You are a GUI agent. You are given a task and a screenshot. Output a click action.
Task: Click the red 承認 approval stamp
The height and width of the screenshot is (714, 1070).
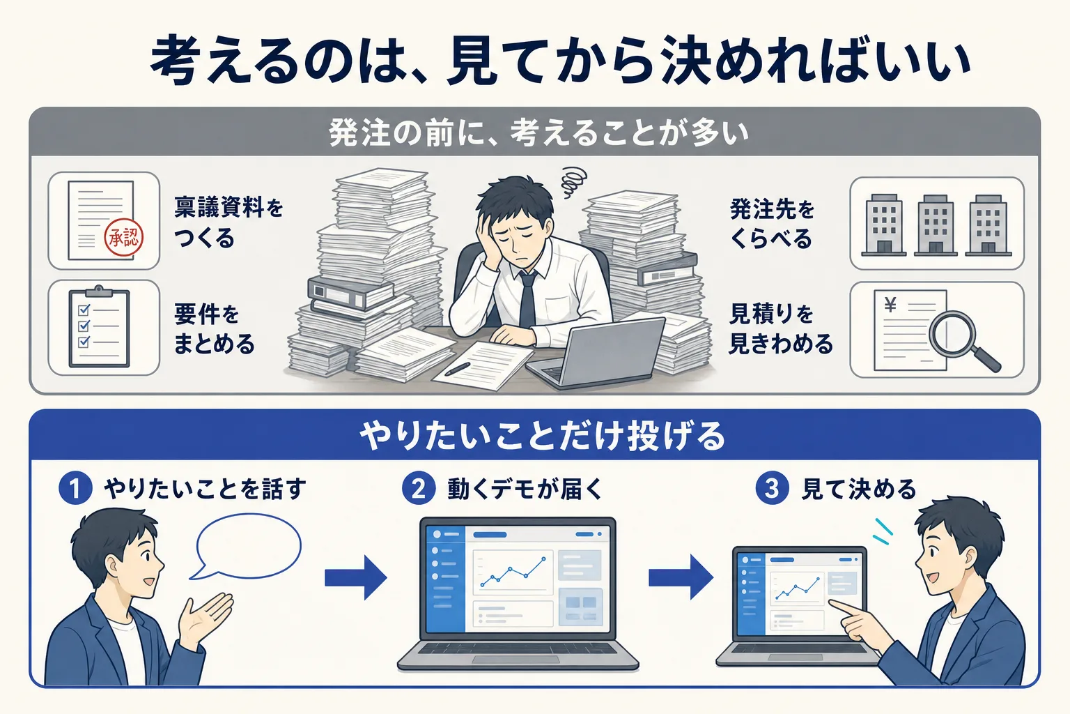124,238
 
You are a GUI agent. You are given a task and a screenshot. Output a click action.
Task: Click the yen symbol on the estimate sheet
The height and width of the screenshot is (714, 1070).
890,304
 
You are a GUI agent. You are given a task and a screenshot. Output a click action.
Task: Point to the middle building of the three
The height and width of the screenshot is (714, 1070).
936,225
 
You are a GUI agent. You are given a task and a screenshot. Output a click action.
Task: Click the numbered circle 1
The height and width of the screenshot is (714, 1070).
75,488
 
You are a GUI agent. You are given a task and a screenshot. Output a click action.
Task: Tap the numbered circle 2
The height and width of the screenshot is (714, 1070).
419,488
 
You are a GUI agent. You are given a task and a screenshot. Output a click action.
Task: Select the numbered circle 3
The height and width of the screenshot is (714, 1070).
772,488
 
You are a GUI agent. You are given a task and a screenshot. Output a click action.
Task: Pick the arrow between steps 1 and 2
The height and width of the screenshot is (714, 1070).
355,578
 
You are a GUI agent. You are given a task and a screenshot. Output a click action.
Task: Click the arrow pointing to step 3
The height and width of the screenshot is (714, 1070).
681,578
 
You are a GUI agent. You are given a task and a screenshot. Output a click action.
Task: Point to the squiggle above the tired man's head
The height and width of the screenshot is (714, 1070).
573,182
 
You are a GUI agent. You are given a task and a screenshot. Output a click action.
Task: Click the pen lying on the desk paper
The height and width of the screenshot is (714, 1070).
457,369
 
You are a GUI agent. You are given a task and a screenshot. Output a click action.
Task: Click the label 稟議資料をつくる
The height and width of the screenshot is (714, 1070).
228,223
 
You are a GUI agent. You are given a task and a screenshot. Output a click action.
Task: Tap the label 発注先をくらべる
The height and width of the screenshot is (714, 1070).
771,223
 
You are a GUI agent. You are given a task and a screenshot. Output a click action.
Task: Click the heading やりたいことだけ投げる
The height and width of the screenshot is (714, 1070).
543,436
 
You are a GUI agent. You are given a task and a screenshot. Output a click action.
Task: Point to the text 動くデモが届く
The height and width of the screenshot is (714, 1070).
525,489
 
